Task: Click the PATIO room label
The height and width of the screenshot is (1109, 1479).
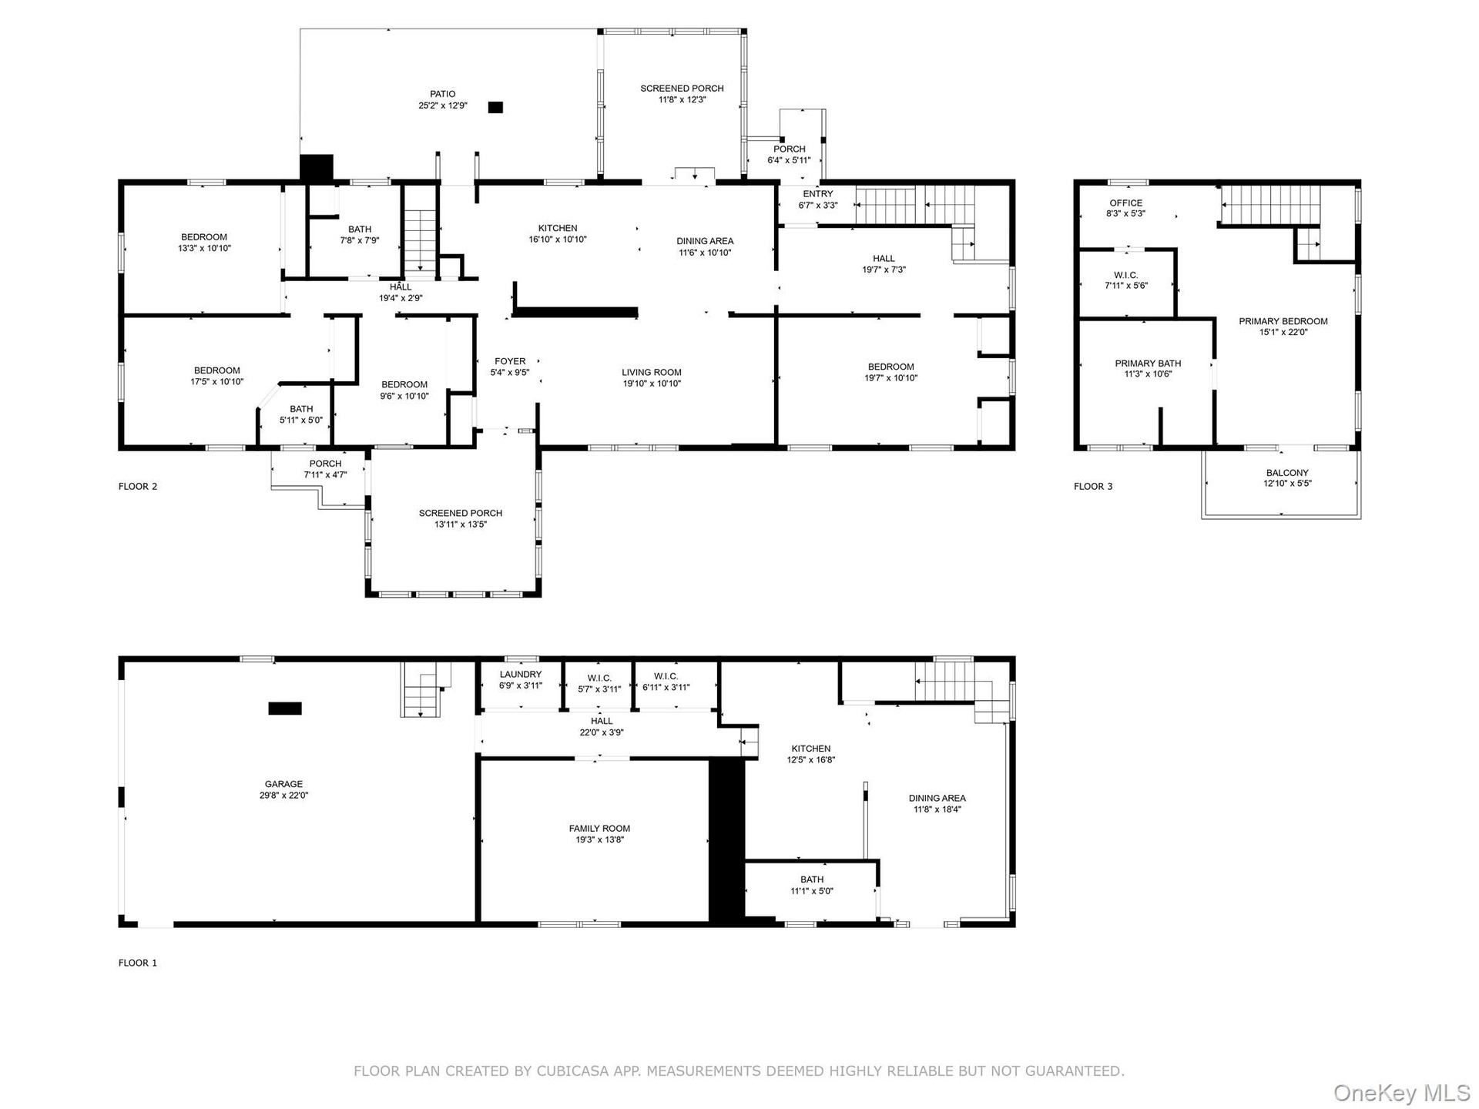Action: click(x=443, y=94)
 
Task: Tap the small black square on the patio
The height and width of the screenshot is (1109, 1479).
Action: click(x=495, y=108)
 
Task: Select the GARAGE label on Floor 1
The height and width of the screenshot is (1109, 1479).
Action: click(x=284, y=784)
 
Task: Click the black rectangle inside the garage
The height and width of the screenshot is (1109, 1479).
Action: click(x=285, y=709)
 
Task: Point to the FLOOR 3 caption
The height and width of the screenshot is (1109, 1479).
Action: click(x=1093, y=486)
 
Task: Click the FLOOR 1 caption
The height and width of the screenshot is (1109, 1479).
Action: click(x=138, y=963)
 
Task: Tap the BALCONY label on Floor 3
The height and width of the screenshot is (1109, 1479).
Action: click(x=1287, y=473)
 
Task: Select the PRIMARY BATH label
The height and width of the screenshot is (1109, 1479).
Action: click(x=1148, y=364)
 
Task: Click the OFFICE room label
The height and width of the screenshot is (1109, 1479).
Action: click(x=1126, y=203)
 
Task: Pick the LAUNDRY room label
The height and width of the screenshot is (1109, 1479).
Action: click(x=521, y=674)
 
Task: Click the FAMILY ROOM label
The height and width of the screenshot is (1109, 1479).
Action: click(x=600, y=829)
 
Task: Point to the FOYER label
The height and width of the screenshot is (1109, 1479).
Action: click(x=510, y=361)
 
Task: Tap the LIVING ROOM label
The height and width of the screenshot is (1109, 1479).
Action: click(x=652, y=373)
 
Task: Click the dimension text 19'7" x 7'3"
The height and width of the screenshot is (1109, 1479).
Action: click(x=884, y=270)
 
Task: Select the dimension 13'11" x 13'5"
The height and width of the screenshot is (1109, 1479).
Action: click(x=461, y=524)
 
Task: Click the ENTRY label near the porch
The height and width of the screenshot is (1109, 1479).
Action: click(x=818, y=194)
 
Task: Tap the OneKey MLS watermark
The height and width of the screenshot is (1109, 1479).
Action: click(x=1402, y=1092)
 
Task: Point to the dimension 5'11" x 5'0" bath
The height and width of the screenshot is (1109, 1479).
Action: click(x=301, y=420)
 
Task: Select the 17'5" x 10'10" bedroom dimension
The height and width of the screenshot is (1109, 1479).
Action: click(x=217, y=381)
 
